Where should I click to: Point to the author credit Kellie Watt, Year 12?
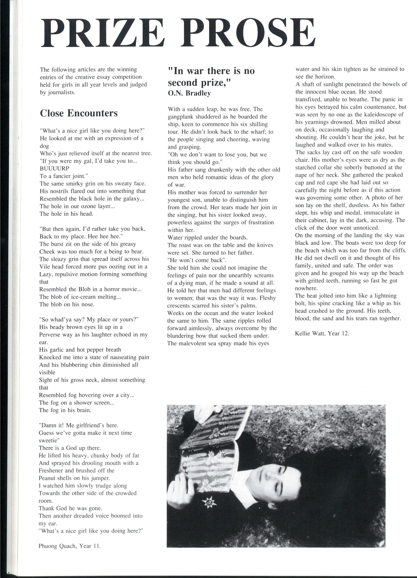322,333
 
